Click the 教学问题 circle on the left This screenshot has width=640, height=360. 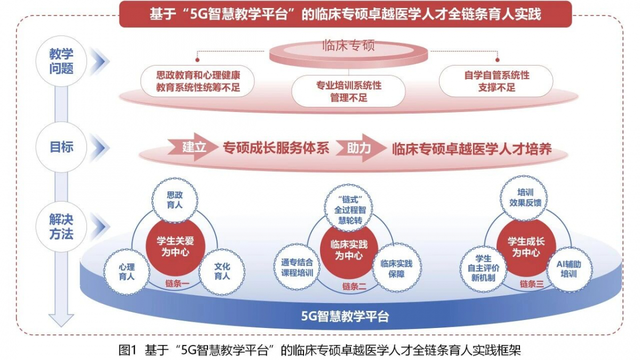61,61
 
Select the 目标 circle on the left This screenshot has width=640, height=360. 61,147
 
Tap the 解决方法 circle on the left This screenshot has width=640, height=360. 61,227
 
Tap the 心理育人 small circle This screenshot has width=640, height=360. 126,271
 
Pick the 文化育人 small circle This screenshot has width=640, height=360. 221,271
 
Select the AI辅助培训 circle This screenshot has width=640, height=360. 569,268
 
